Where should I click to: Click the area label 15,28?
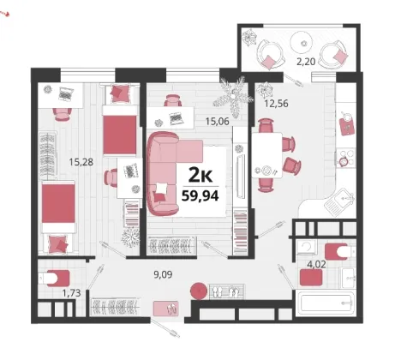point(81,162)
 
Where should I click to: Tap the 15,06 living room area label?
point(218,122)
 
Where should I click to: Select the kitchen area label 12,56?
point(276,104)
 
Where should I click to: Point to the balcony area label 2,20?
point(306,62)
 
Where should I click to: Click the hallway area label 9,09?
point(163,274)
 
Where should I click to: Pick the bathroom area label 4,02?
point(316,265)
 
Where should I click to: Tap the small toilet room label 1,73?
point(71,293)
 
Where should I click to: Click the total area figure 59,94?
point(200,196)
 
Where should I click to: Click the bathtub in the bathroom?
point(325,303)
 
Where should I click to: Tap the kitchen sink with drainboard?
point(340,202)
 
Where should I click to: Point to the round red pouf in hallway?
point(199,291)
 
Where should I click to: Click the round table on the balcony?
point(303,43)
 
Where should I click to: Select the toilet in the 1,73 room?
point(54,278)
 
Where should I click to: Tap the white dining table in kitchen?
point(267,155)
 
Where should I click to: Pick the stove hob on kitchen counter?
point(345,158)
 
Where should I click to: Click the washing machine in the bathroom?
point(307,247)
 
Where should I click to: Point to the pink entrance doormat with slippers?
point(165,309)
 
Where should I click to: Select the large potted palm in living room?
point(233,96)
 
